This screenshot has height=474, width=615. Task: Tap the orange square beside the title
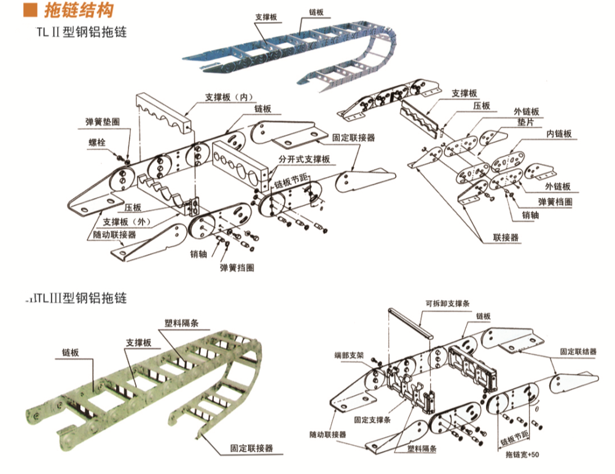point(28,10)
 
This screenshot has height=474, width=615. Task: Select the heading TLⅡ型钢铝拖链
point(82,31)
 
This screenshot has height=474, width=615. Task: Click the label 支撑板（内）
point(228,97)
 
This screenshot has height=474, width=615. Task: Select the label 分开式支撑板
point(304,159)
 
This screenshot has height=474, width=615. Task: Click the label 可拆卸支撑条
point(447,303)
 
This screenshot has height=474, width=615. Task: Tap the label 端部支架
point(350,355)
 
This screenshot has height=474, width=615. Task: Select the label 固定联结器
point(578,352)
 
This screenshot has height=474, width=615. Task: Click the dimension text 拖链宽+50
point(522,455)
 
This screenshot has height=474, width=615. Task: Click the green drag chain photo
point(147,381)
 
